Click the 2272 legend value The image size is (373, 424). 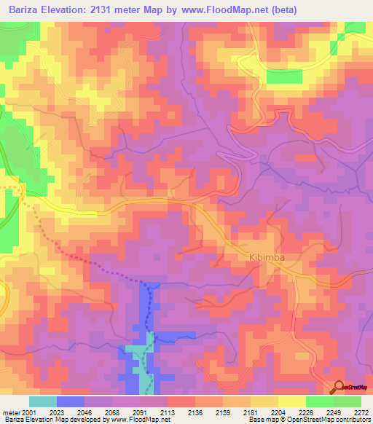360,412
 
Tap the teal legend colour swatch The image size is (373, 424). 42,401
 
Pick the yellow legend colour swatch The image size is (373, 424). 291,401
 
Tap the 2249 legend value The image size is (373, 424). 333,412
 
